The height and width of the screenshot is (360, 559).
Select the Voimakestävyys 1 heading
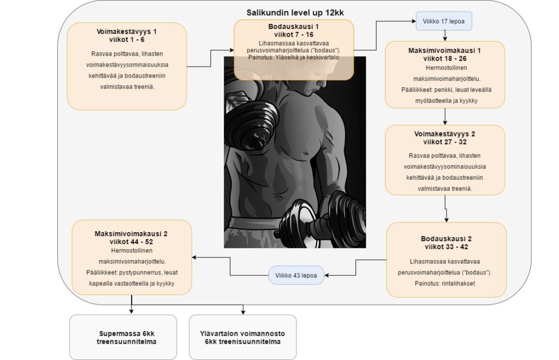click(x=126, y=31)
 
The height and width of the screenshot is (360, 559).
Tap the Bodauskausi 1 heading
click(x=294, y=26)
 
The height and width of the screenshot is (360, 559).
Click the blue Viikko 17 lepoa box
click(x=444, y=21)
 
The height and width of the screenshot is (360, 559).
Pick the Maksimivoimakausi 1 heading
click(x=445, y=50)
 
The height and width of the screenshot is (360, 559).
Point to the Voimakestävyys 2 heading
click(x=445, y=134)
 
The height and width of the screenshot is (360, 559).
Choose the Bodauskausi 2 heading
click(x=447, y=239)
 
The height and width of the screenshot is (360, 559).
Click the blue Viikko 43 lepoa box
click(x=296, y=274)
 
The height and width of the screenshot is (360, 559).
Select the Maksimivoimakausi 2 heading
click(x=131, y=234)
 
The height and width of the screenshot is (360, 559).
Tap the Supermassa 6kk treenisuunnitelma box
click(x=123, y=337)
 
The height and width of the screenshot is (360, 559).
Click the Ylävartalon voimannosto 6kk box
click(x=242, y=337)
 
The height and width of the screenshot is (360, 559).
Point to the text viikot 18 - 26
click(x=445, y=58)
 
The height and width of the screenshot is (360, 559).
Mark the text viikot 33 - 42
click(x=447, y=246)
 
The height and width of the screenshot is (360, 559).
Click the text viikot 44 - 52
click(x=131, y=241)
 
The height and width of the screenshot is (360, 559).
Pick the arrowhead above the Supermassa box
click(x=132, y=311)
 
